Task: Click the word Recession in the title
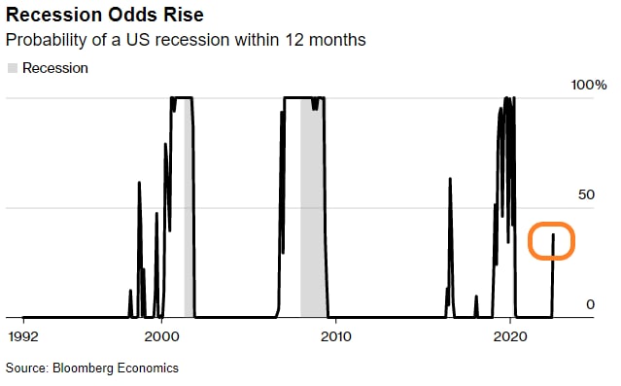(54, 15)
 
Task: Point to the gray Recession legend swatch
(13, 68)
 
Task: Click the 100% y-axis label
(589, 85)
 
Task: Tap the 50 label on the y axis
(587, 194)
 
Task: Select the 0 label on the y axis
(591, 304)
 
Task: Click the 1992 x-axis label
(23, 336)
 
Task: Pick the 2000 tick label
(161, 336)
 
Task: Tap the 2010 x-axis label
(336, 336)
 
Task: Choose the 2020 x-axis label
(510, 336)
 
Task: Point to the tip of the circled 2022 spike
(553, 234)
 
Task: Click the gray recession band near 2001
(189, 207)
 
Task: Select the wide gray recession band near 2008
(313, 207)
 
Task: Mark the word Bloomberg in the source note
(83, 368)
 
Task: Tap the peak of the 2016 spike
(450, 179)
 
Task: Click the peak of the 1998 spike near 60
(139, 182)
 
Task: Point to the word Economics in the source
(148, 368)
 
